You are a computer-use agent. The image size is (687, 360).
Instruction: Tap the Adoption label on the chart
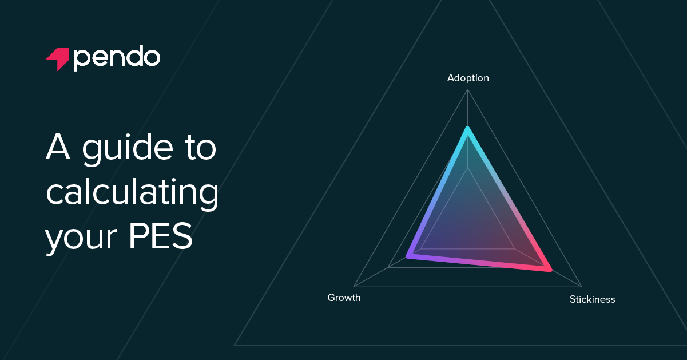click(468, 78)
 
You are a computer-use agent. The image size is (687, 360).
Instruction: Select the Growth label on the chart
click(344, 298)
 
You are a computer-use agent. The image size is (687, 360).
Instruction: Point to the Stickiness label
click(592, 299)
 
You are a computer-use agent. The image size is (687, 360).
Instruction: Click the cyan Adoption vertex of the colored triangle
click(467, 128)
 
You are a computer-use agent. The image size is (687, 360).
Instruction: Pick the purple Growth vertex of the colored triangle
click(407, 256)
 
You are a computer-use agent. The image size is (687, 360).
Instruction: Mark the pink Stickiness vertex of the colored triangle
click(550, 269)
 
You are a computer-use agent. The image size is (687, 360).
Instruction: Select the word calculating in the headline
click(132, 194)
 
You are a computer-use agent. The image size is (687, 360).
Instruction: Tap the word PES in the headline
click(160, 237)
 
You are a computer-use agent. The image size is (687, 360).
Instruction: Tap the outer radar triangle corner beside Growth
click(354, 286)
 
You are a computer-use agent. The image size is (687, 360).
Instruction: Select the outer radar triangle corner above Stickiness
click(582, 286)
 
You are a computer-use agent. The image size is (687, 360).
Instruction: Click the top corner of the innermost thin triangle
click(468, 167)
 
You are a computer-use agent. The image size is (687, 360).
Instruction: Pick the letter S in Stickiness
click(573, 299)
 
